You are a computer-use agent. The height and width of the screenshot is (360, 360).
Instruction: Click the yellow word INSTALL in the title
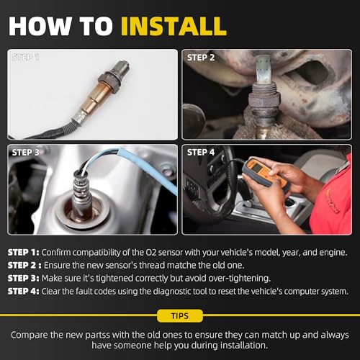[x=174, y=26]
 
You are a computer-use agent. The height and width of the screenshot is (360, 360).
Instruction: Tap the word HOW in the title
[x=40, y=26]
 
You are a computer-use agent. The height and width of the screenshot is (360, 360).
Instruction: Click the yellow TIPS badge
[x=180, y=315]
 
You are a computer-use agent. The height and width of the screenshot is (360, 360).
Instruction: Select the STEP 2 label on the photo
[x=201, y=58]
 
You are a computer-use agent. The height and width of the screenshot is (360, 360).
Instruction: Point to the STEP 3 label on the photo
[x=26, y=153]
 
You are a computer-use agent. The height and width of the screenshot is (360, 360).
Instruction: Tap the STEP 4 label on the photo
[x=201, y=152]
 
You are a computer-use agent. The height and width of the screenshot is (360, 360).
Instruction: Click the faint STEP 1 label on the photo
[x=26, y=58]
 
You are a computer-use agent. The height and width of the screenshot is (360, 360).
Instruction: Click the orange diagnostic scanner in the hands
[x=265, y=174]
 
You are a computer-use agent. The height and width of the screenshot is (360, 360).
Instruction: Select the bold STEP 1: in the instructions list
[x=23, y=253]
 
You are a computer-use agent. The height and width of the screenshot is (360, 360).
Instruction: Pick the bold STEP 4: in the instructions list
[x=23, y=292]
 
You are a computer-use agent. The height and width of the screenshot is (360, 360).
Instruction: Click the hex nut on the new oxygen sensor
[x=109, y=81]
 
